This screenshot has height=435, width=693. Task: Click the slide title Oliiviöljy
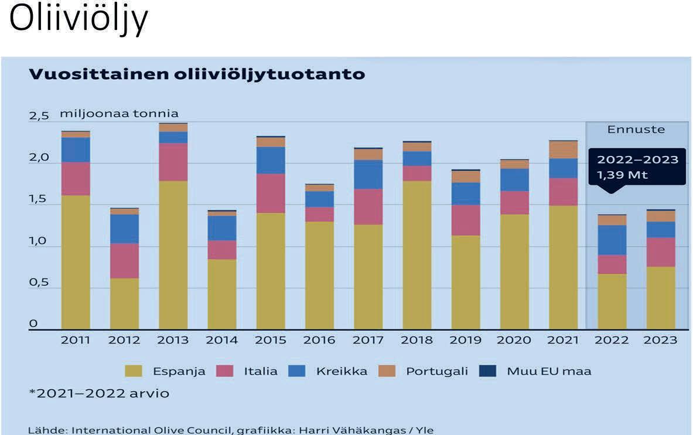click(78, 19)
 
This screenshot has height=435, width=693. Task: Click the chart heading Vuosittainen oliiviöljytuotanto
click(197, 74)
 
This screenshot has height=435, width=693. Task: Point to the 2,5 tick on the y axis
click(39, 116)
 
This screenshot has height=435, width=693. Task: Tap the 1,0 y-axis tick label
click(39, 241)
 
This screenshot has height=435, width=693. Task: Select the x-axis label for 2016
click(319, 340)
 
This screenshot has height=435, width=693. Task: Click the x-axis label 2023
click(660, 340)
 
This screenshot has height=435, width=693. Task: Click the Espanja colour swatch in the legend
click(134, 371)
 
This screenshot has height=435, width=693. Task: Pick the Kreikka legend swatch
click(296, 371)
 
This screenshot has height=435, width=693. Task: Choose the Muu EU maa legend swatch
click(487, 371)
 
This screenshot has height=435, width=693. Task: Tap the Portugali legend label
click(436, 371)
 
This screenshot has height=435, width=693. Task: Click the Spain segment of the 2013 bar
click(173, 255)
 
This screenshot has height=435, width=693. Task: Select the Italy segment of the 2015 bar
click(271, 193)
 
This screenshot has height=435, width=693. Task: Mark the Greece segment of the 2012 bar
click(125, 229)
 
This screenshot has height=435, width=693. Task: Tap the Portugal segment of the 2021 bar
click(564, 150)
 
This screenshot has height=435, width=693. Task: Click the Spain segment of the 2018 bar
click(417, 255)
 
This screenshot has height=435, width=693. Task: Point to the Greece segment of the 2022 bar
click(612, 240)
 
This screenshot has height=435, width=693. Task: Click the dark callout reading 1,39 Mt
click(637, 167)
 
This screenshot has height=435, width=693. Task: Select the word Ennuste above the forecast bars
click(636, 130)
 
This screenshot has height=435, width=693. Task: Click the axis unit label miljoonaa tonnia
click(120, 114)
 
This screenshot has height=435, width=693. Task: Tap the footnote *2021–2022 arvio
click(99, 393)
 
